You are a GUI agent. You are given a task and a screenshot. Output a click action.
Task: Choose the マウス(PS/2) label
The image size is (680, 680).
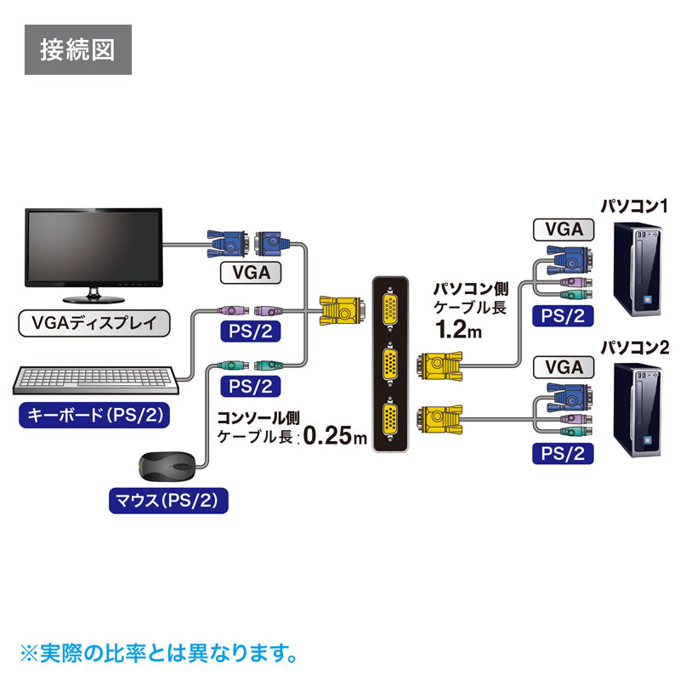tap(169, 501)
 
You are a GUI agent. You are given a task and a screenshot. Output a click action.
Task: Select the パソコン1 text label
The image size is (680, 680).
tap(635, 205)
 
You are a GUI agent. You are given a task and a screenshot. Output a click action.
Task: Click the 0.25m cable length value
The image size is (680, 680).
tap(335, 437)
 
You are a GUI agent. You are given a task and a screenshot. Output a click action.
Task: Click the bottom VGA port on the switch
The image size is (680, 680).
tap(390, 420)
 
